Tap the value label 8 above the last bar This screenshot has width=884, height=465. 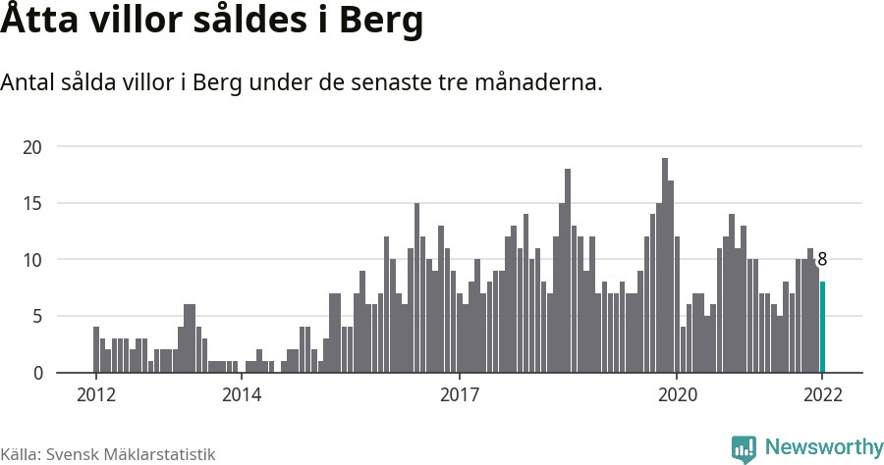tap(822, 260)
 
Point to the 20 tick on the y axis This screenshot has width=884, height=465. tap(33, 147)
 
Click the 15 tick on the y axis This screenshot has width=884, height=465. tap(33, 203)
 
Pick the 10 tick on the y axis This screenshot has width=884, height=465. tap(33, 260)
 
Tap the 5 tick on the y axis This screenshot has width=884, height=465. tap(38, 316)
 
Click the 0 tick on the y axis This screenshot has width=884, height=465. tap(38, 373)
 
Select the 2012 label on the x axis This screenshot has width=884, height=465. tap(95, 395)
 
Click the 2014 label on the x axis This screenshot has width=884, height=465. tap(241, 395)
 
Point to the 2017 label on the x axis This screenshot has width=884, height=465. tap(459, 395)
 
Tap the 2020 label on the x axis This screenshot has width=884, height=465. tap(677, 395)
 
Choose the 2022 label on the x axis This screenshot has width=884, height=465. tap(822, 395)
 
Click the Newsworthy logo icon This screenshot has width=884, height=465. tap(744, 448)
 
